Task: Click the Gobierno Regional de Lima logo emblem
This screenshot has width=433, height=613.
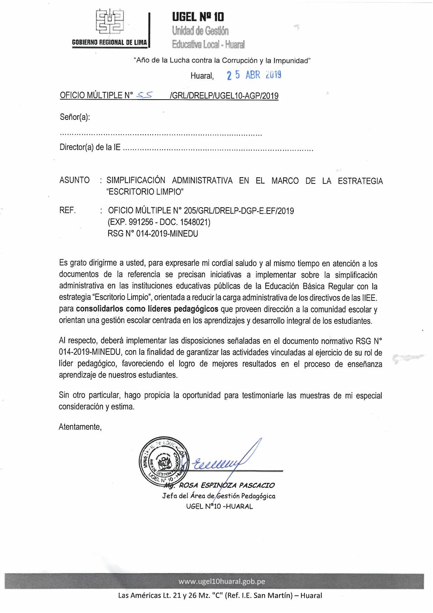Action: point(110,22)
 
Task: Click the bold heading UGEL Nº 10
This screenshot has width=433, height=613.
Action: point(198,17)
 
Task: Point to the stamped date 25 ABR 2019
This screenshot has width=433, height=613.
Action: point(254,75)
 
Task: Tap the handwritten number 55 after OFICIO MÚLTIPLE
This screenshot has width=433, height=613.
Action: point(144,95)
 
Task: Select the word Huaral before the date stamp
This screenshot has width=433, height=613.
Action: point(202,76)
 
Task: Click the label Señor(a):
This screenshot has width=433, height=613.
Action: point(75,117)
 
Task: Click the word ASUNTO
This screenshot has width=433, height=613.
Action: point(74,180)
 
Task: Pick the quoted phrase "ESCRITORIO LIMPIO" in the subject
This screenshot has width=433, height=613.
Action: point(145,192)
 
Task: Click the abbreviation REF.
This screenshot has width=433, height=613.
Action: point(67,210)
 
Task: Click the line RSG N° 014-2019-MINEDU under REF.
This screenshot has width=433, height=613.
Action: point(153,233)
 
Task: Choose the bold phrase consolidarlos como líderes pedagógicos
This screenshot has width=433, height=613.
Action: point(147,309)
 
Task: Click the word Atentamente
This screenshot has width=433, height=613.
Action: point(80,427)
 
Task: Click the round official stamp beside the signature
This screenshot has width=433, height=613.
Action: point(163,461)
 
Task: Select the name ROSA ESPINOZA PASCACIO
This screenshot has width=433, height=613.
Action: point(227,485)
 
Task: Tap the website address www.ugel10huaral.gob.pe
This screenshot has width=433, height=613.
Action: point(222,582)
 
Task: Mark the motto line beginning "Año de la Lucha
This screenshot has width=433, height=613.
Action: point(222,60)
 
